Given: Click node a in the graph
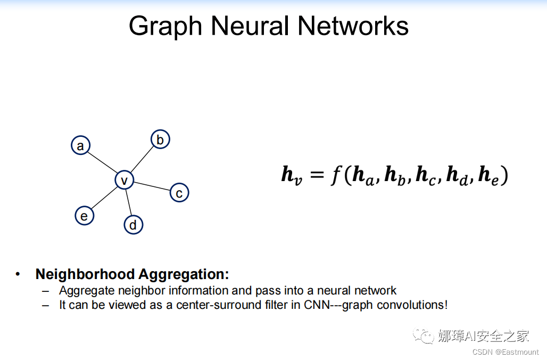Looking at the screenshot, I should [80, 145].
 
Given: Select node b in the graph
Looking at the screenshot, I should [160, 140].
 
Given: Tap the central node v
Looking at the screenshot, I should [124, 180].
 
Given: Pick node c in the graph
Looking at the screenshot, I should [179, 193].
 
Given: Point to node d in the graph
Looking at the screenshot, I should [133, 225].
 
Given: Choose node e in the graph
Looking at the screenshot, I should [84, 216].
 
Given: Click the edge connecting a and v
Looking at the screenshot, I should [102, 162].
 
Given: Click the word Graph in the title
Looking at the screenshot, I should [163, 26].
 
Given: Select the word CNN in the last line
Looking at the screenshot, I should [318, 305].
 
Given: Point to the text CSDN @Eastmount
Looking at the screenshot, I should [505, 352].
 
